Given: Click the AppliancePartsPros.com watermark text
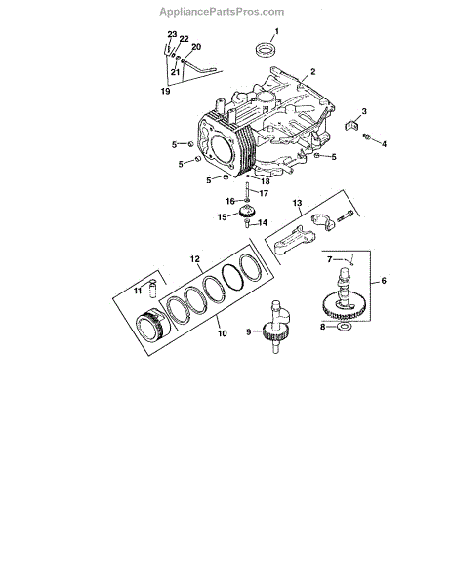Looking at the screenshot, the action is (x=222, y=12).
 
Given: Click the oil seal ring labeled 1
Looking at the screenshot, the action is (x=266, y=50).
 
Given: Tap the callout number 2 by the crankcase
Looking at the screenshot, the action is (x=313, y=71).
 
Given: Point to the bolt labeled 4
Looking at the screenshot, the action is (x=367, y=136).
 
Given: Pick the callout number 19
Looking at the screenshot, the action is (x=165, y=91).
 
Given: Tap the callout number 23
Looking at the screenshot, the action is (x=172, y=34).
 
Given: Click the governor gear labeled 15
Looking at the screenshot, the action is (x=247, y=213).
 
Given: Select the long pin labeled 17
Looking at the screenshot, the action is (x=247, y=191).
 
